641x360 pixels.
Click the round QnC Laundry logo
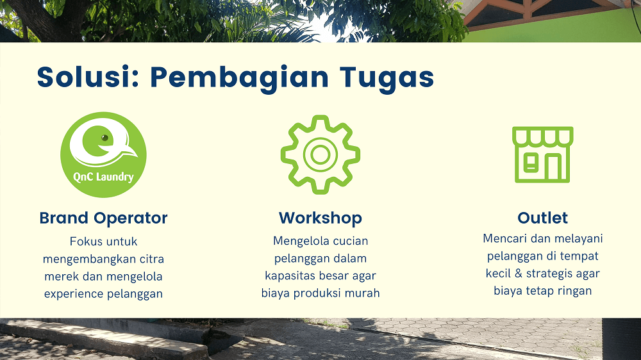point(103,155)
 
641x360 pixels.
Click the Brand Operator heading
point(103,218)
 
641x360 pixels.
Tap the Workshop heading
point(320,218)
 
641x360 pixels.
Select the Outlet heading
point(542,218)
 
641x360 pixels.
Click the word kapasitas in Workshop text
point(290,276)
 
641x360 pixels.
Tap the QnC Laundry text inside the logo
point(103,177)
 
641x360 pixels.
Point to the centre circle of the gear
point(320,154)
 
